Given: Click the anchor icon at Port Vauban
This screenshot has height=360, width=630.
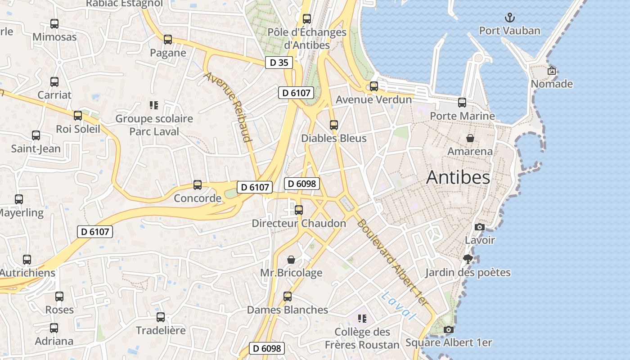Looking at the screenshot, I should coord(510,18).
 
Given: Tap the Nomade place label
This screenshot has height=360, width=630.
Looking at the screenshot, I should coord(552,84).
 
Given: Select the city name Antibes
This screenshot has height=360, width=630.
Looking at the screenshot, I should coord(458,177).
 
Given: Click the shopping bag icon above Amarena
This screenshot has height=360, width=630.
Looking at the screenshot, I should coord(470,138).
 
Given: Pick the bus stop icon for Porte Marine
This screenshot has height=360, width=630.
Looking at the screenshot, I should coord(462,103).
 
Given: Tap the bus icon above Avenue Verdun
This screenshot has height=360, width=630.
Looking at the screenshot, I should coord(374,86).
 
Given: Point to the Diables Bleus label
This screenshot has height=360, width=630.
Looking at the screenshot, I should coord(334,138).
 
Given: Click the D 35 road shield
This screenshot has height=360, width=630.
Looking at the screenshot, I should coord(279,63).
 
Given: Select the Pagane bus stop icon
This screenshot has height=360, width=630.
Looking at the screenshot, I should coord(168,40).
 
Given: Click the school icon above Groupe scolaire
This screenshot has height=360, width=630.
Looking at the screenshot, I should coord(154,105).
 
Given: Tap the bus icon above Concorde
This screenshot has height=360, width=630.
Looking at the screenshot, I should coord(198,184).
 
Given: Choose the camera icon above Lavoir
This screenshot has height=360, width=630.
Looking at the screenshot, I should coord(480,227).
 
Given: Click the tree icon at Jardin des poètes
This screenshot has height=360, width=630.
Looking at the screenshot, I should coord(468,259).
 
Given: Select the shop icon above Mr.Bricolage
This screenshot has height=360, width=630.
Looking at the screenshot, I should coord(291,260).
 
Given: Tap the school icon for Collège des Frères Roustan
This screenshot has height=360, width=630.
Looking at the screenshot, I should coord(362,319).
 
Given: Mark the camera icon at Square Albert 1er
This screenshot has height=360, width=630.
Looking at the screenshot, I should coord(448,329).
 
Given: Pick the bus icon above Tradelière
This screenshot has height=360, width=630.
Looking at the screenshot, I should coord(161,317).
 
